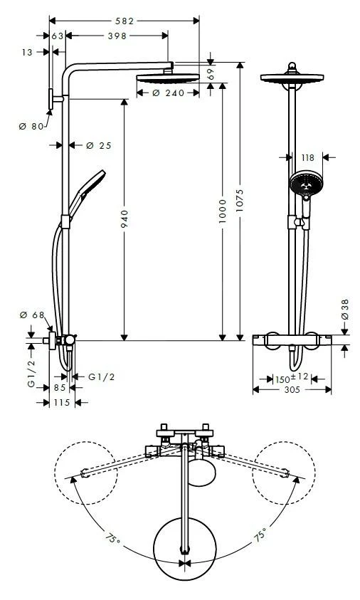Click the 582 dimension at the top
(125, 21)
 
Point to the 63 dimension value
(58, 36)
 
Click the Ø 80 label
(32, 126)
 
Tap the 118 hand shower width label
(307, 158)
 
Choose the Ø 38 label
(345, 308)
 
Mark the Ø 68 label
(33, 315)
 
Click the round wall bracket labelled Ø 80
(52, 100)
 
